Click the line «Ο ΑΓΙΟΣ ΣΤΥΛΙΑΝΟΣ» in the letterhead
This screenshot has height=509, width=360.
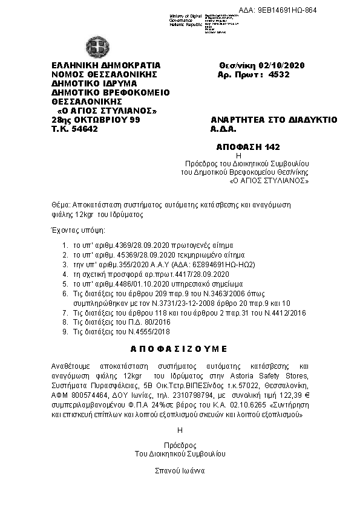[106, 111]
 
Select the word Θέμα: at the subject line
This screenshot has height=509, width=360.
[61, 205]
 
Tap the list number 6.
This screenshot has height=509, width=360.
[65, 293]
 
